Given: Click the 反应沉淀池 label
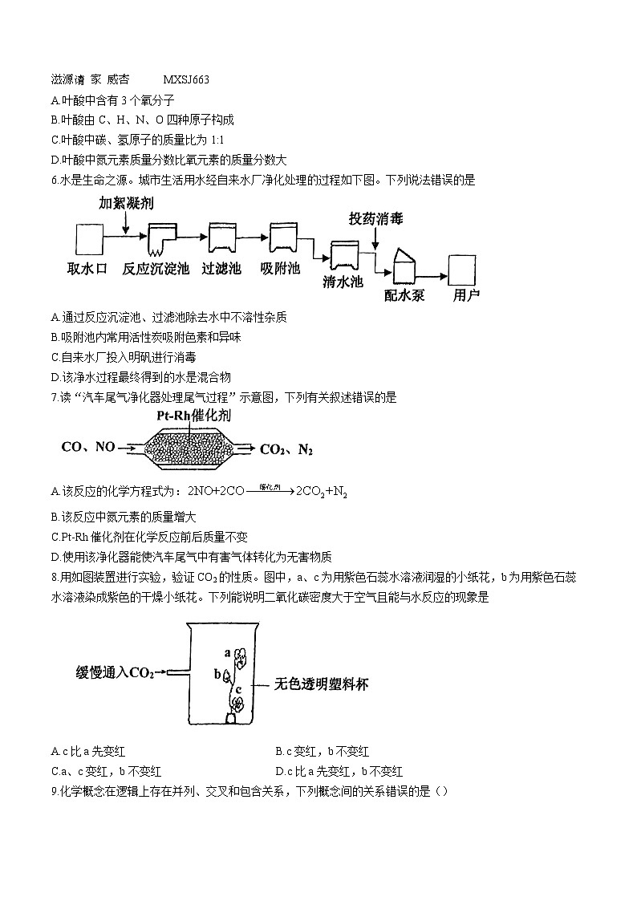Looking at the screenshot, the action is pyautogui.click(x=156, y=269).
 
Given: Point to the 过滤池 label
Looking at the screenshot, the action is pyautogui.click(x=221, y=269).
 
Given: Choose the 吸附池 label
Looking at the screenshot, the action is pyautogui.click(x=280, y=269).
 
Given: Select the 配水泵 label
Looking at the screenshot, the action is pyautogui.click(x=404, y=294).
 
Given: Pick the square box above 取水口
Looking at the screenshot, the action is pyautogui.click(x=89, y=241).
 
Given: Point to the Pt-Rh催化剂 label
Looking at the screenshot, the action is pyautogui.click(x=193, y=417).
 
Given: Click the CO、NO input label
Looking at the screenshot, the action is pyautogui.click(x=88, y=447).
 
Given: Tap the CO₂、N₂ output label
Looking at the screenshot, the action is pyautogui.click(x=286, y=449).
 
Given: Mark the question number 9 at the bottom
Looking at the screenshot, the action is pyautogui.click(x=53, y=791).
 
